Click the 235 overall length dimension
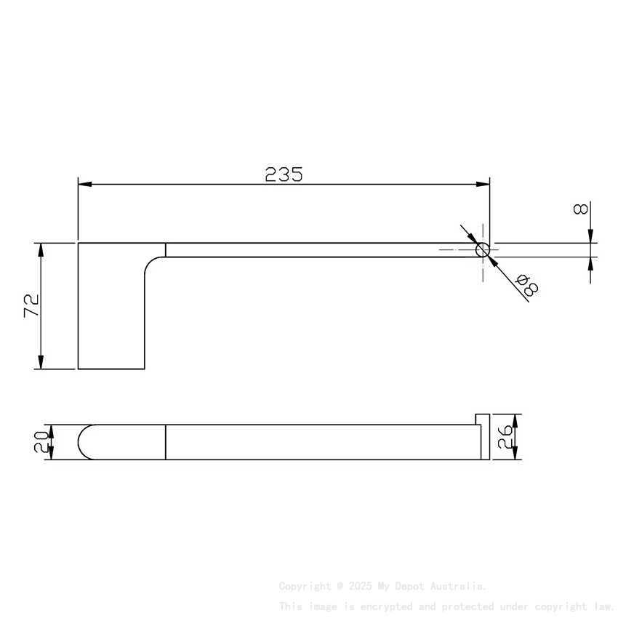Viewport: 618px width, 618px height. tap(284, 174)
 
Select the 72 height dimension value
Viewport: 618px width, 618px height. tap(31, 305)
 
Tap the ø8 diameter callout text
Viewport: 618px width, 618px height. tap(526, 286)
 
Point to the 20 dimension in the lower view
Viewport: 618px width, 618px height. tap(41, 442)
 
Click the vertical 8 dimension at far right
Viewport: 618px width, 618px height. tap(580, 209)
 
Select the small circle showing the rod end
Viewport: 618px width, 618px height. tap(483, 250)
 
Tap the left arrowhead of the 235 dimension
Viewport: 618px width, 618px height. tap(84, 184)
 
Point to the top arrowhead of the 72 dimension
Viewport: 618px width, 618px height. tap(41, 249)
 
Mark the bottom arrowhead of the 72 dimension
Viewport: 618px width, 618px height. tap(41, 363)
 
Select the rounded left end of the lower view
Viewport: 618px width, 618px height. tap(83, 442)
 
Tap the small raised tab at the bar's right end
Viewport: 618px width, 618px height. tap(482, 420)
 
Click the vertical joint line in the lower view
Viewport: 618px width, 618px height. tap(166, 442)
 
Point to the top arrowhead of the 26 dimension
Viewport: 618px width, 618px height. tap(515, 420)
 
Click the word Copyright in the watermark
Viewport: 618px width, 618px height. tap(305, 586)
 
